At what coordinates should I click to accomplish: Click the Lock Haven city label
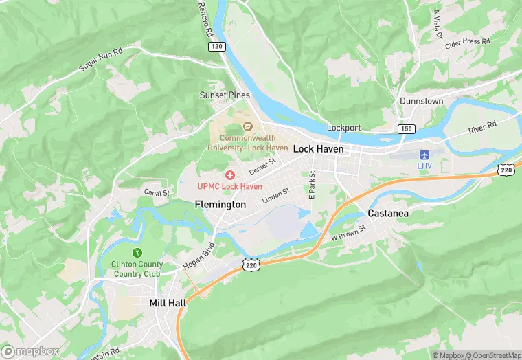(318, 149)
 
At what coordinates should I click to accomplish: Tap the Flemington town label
(220, 205)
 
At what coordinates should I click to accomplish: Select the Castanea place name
(388, 214)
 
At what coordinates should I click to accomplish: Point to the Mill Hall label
(170, 302)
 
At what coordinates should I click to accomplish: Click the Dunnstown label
(421, 101)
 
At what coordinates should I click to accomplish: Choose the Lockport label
(343, 128)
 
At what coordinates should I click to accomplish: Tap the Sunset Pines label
(225, 95)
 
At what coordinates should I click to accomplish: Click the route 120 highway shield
(216, 45)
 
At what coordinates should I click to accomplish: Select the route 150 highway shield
(406, 129)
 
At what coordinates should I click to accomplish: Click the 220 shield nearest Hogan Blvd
(251, 264)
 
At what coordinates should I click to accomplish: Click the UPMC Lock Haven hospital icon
(230, 176)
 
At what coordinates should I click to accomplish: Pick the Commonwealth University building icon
(248, 126)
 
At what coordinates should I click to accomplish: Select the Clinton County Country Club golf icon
(137, 254)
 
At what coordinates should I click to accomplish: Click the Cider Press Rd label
(467, 41)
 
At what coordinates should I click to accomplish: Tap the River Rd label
(481, 127)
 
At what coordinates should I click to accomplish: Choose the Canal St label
(156, 193)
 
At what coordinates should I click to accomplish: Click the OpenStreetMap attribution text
(493, 355)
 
